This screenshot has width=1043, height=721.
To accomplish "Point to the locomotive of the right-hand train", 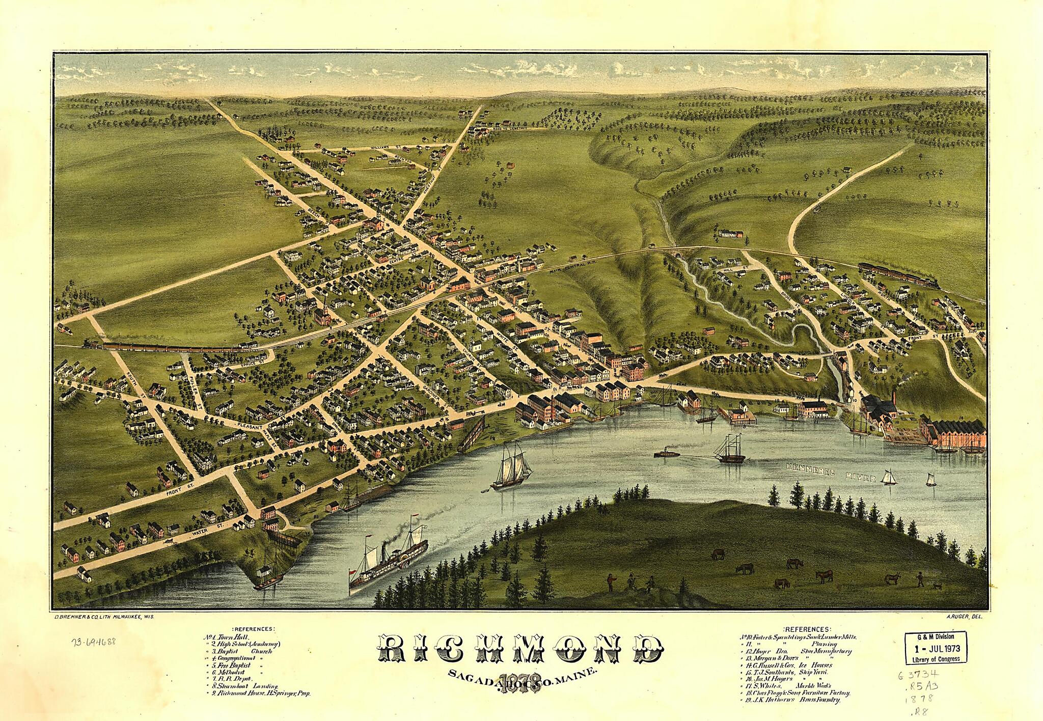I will (x=930, y=283).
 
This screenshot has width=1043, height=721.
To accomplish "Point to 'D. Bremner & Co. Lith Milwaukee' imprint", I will (x=104, y=616).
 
